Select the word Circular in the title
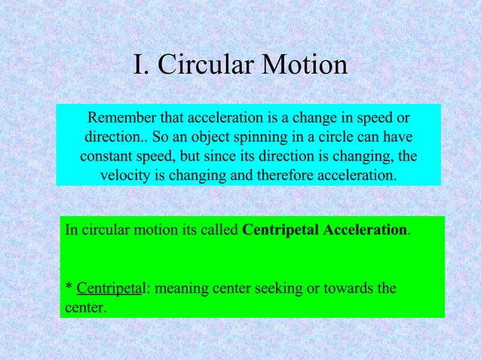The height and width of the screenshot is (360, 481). (x=207, y=66)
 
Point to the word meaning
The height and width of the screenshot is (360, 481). (x=180, y=288)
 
